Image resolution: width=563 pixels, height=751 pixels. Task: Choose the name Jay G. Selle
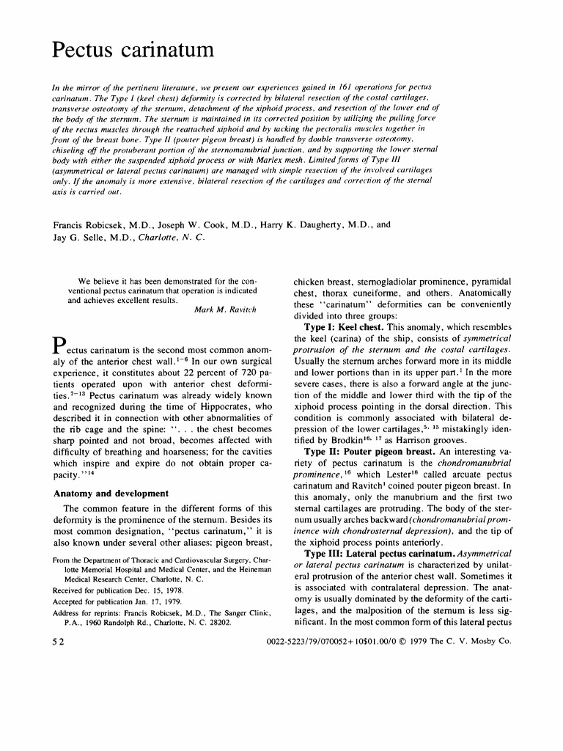tap(81, 238)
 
